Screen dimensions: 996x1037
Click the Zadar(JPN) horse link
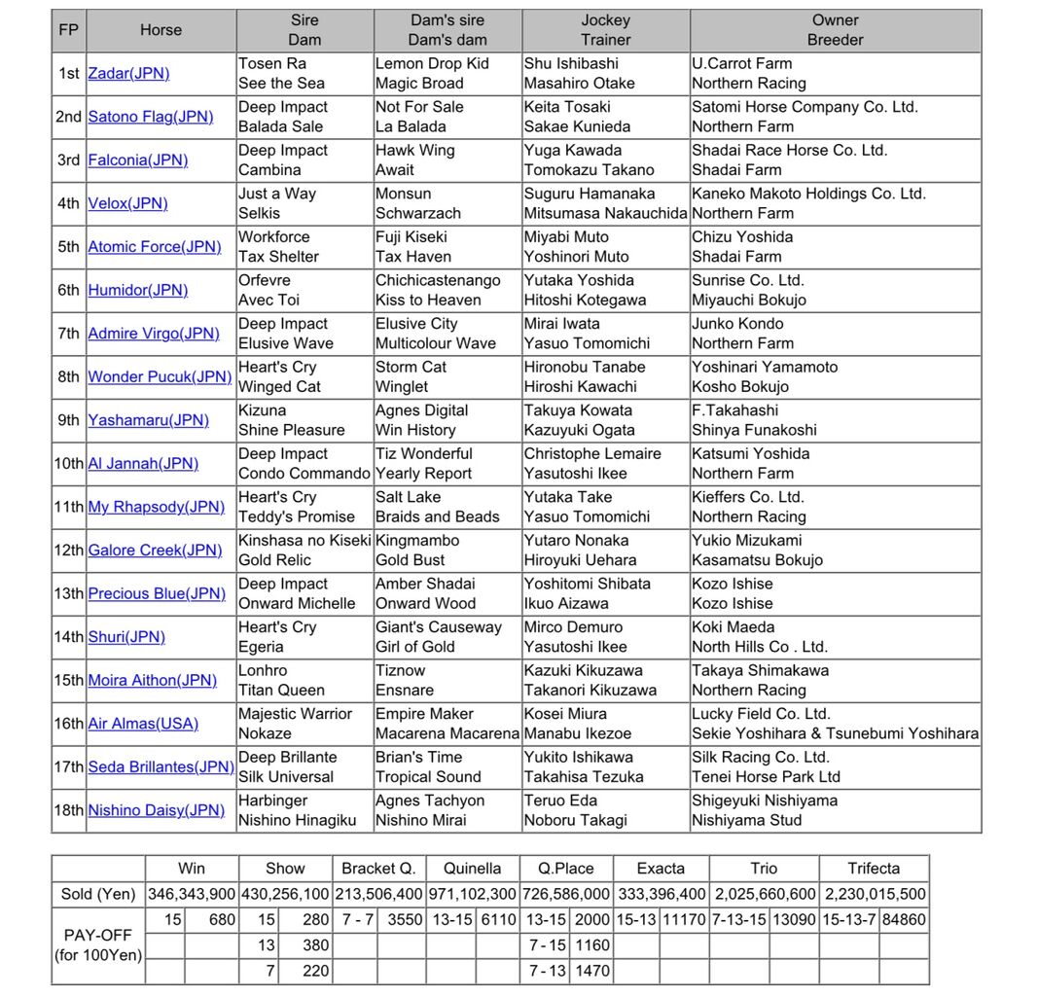point(128,74)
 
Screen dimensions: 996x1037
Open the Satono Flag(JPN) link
point(150,117)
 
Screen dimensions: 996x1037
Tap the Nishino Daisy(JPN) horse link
point(156,810)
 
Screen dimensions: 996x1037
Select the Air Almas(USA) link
point(142,724)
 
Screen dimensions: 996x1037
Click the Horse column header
point(161,30)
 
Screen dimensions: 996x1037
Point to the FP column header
point(68,30)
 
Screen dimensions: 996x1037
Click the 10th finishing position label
point(68,464)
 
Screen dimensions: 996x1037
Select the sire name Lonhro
point(263,671)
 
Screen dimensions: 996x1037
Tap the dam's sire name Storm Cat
point(411,368)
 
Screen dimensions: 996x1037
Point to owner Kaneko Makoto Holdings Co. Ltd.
point(808,195)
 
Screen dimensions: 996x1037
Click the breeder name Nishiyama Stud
point(746,820)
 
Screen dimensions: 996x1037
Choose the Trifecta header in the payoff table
point(873,869)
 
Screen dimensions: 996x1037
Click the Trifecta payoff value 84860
point(904,919)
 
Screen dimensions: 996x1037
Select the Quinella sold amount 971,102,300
point(473,894)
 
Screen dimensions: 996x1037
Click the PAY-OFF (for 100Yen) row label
point(98,944)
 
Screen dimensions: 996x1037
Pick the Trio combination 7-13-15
point(738,919)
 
